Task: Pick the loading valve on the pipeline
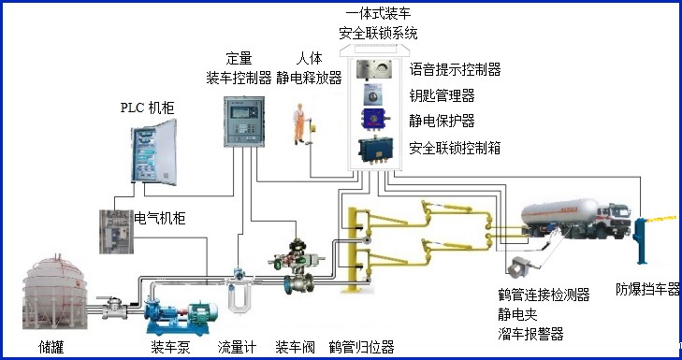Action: tap(300, 266)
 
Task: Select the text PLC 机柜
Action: tap(148, 108)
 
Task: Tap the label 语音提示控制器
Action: tap(456, 69)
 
